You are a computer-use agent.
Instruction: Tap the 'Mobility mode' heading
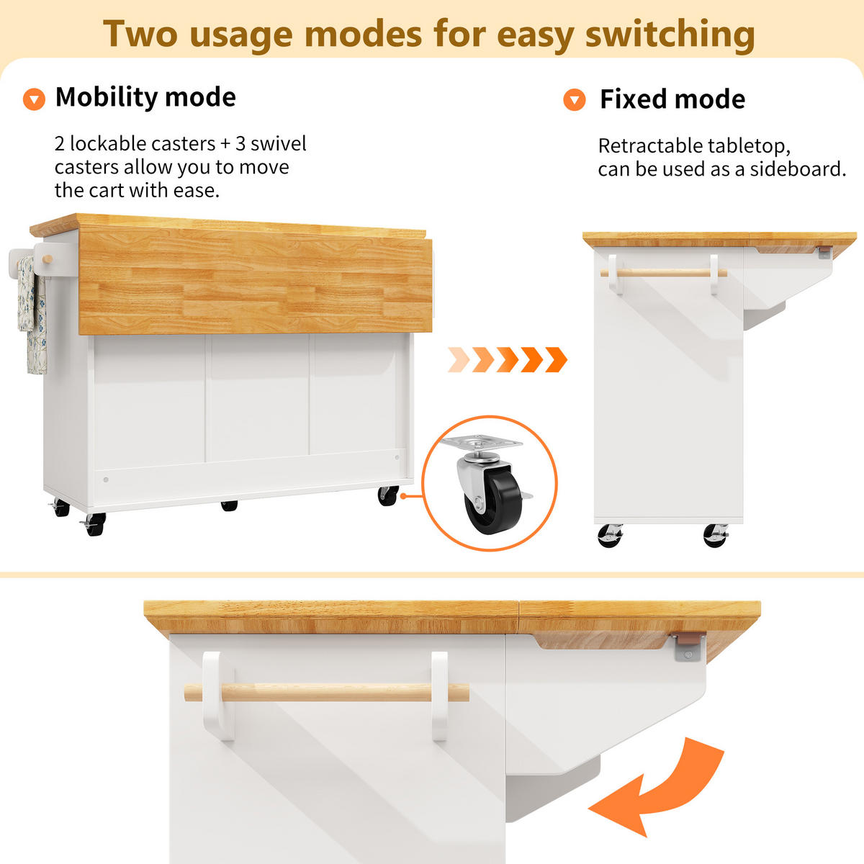[145, 97]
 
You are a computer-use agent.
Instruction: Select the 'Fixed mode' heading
[672, 99]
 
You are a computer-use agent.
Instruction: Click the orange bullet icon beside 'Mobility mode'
[34, 99]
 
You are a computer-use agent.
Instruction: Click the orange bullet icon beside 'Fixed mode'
[575, 99]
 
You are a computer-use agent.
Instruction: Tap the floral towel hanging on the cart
[32, 314]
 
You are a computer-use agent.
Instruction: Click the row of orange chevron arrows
[508, 359]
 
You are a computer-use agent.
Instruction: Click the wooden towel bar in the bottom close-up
[326, 692]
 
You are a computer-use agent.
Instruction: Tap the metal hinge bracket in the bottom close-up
[689, 646]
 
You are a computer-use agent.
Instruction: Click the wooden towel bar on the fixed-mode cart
[664, 273]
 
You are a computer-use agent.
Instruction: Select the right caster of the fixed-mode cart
[715, 536]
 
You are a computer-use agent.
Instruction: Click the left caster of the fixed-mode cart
[611, 536]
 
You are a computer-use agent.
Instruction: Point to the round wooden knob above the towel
[47, 259]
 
